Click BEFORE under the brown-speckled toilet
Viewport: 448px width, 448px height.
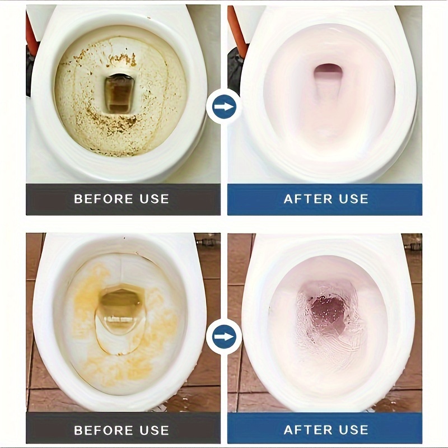[x=104, y=199]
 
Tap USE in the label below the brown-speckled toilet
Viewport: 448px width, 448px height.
[x=155, y=199]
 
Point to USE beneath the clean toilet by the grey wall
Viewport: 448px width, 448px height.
[x=354, y=199]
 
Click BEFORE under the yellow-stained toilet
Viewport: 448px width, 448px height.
[x=104, y=430]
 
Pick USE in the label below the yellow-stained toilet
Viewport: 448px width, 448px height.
[x=155, y=430]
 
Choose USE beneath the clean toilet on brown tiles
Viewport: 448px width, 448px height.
[x=354, y=430]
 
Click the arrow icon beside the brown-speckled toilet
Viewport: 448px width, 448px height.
[x=223, y=107]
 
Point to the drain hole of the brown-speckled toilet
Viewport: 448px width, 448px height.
[x=120, y=94]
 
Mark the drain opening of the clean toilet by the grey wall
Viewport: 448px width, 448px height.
[x=328, y=72]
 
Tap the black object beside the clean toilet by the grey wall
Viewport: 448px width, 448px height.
[x=235, y=68]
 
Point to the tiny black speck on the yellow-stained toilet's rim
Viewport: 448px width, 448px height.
[x=124, y=237]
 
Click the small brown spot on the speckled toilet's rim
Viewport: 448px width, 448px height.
[x=148, y=18]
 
